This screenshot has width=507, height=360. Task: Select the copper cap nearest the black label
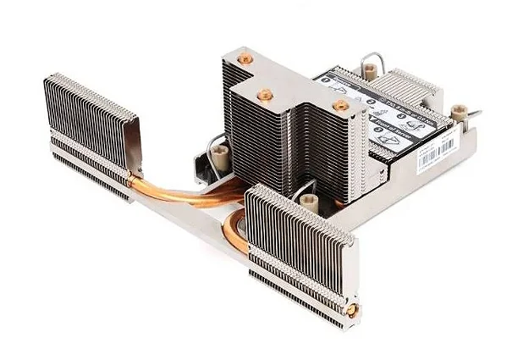tap(340, 105)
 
